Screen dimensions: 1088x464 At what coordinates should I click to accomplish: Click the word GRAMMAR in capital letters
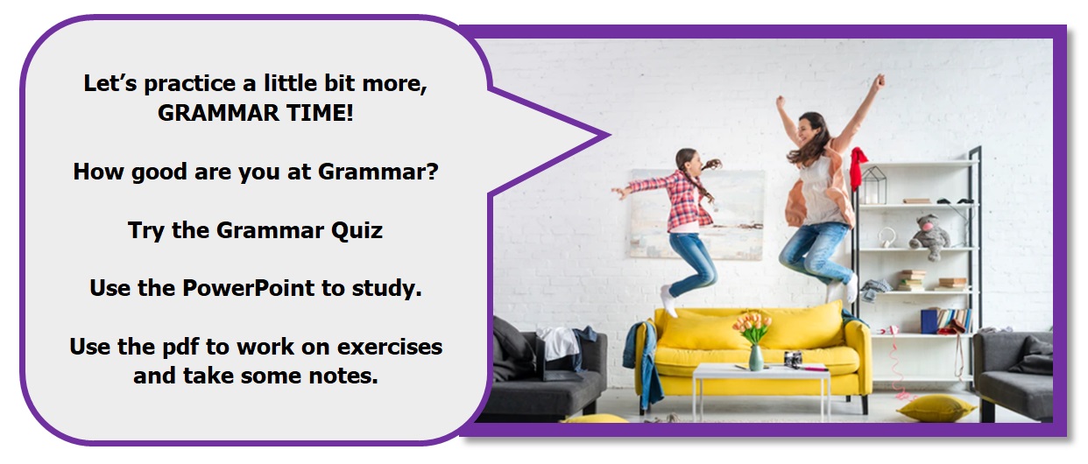[219, 113]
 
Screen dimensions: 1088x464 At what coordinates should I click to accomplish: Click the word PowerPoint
[248, 288]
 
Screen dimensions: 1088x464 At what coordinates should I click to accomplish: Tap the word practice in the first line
[190, 84]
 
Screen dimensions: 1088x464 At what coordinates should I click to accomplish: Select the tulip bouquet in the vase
[752, 327]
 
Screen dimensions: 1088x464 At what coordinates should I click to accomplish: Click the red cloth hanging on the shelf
[858, 168]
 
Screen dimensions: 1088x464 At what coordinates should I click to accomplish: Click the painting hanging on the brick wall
[697, 214]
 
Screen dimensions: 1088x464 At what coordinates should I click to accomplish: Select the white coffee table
[761, 389]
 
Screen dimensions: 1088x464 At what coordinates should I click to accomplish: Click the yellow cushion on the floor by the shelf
[936, 407]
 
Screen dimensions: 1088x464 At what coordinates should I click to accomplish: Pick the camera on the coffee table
[793, 360]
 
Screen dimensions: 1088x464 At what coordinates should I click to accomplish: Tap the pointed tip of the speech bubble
[609, 136]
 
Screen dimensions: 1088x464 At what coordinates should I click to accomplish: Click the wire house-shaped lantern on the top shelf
[873, 185]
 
